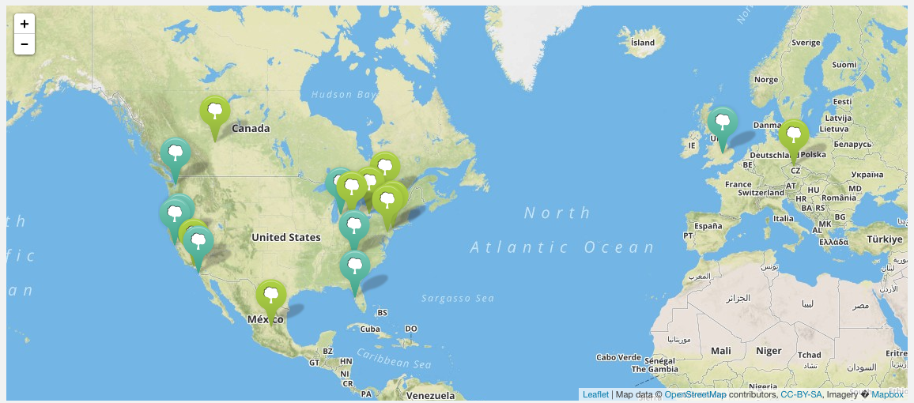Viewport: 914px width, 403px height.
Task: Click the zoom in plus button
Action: point(25,24)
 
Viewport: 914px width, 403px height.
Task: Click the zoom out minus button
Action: point(25,44)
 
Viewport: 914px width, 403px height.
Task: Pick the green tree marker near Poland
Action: point(794,136)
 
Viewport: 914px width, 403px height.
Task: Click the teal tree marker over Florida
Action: point(355,267)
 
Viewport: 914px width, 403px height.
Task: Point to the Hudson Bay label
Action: point(343,95)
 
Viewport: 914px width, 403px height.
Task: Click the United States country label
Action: point(286,237)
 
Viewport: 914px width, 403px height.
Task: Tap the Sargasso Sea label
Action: point(458,298)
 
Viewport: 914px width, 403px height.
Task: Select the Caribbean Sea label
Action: point(393,360)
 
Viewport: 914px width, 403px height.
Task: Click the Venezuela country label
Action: point(431,395)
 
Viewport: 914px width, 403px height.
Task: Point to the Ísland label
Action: point(643,42)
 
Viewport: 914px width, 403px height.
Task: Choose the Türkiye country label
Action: point(882,239)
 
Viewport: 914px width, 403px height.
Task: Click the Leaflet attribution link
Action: point(595,394)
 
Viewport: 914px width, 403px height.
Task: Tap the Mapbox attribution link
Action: point(887,394)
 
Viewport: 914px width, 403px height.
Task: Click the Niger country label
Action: point(768,350)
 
